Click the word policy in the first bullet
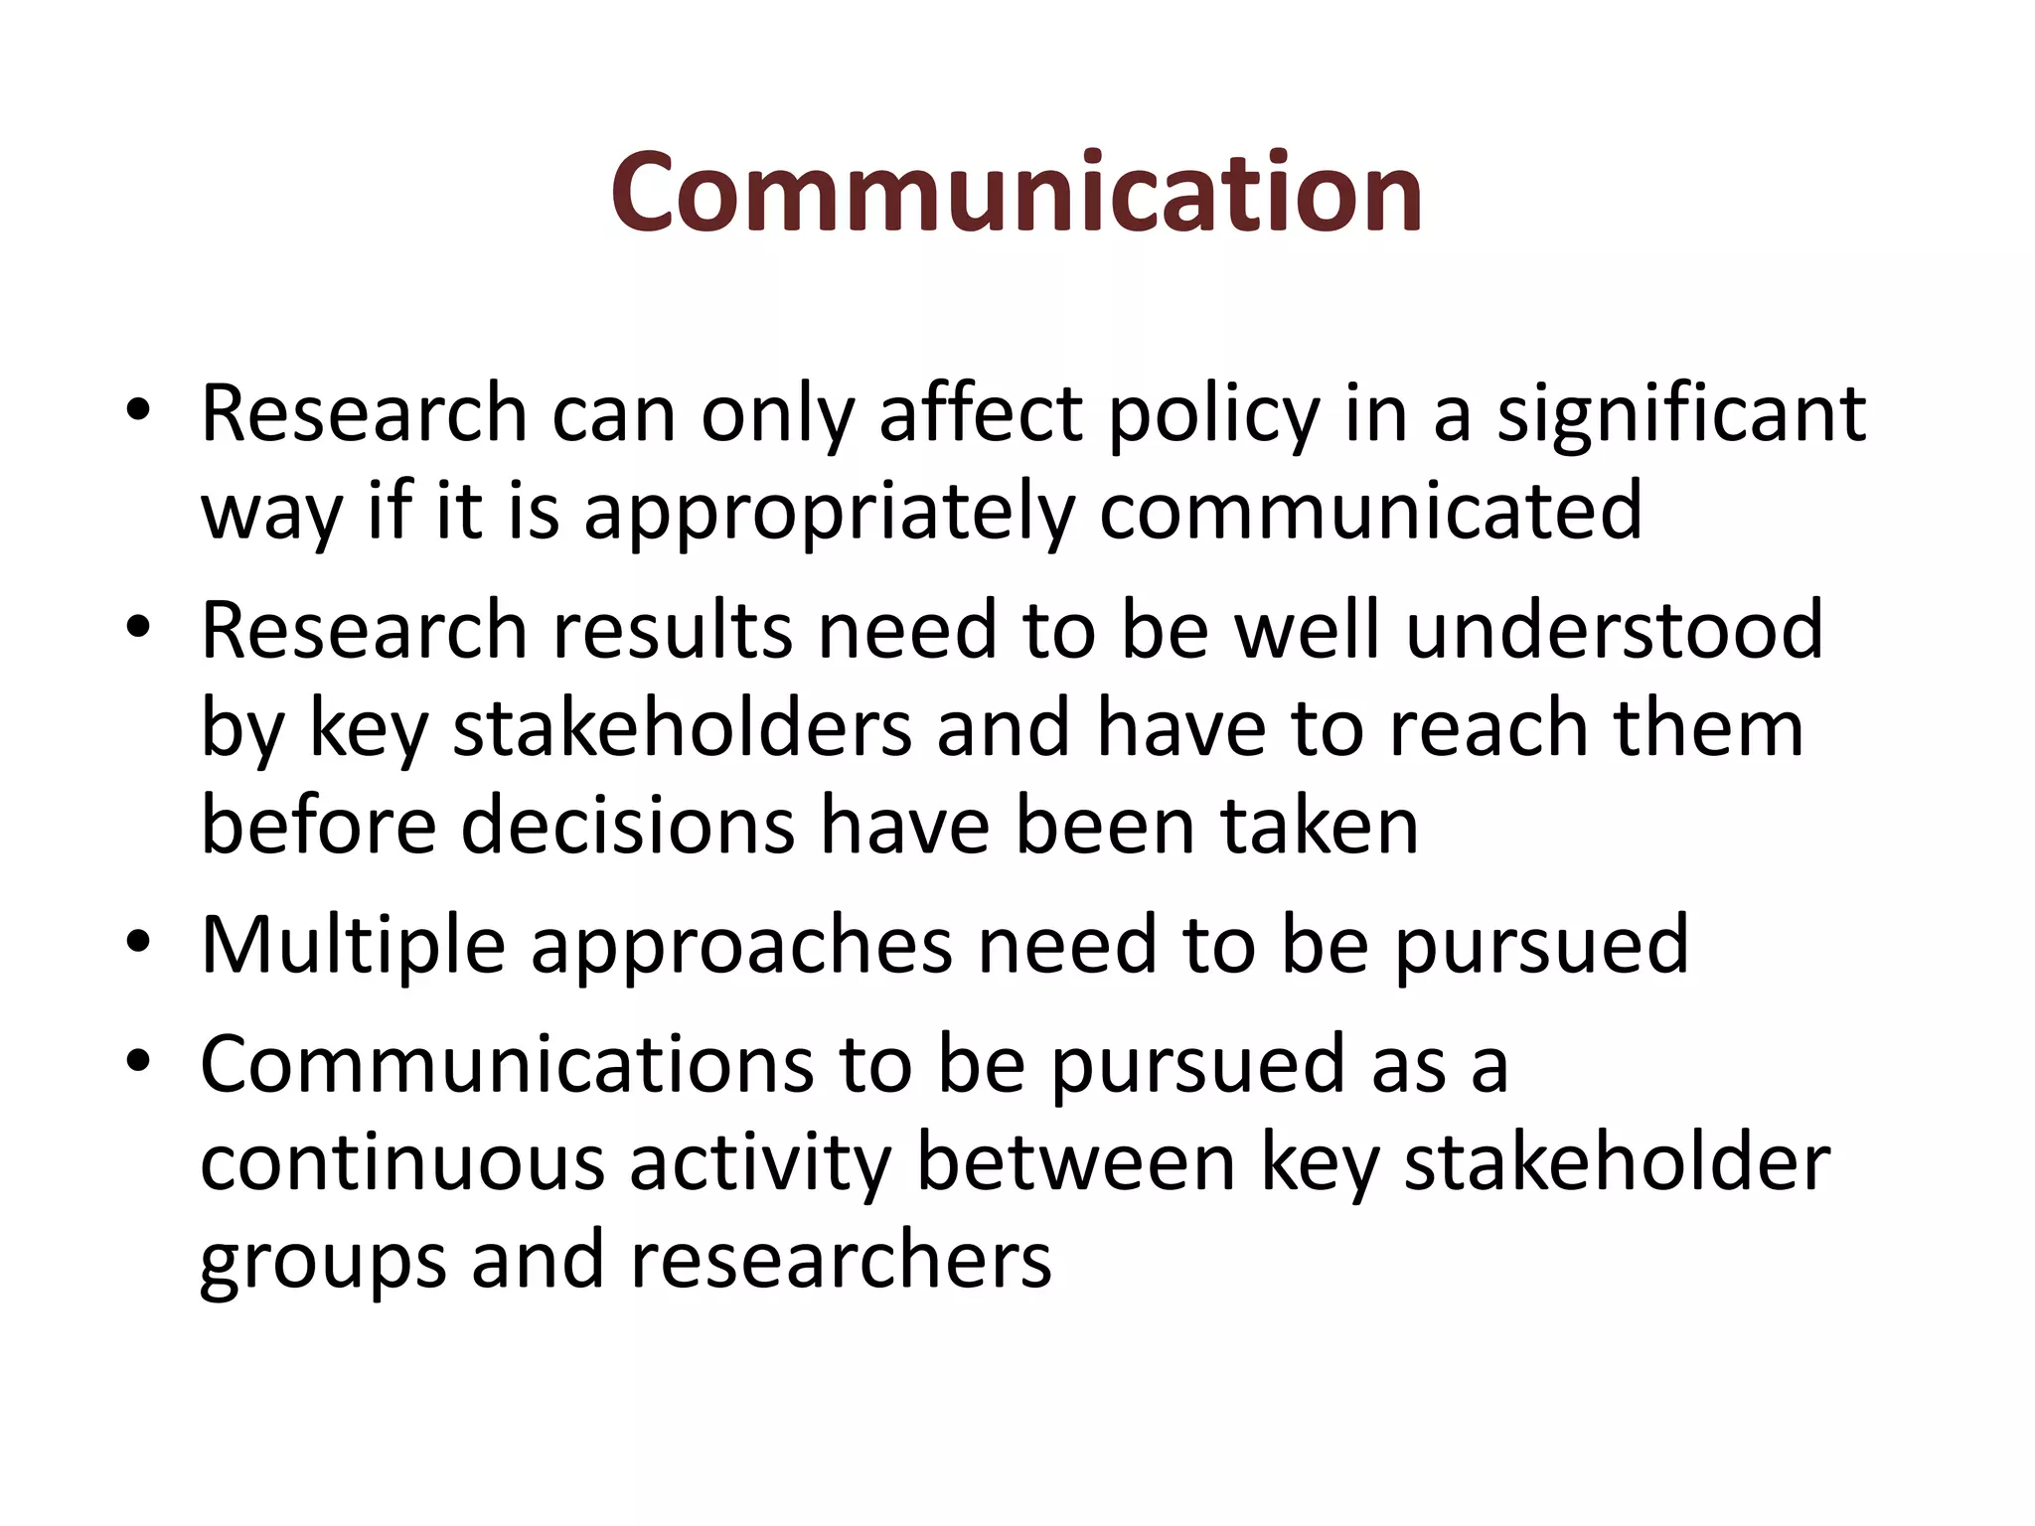point(1213,415)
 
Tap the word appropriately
point(829,513)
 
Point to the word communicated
point(1370,511)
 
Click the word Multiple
point(353,945)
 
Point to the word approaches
point(741,947)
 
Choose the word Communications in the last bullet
point(506,1064)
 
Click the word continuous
point(401,1162)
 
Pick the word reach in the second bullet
point(1487,728)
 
